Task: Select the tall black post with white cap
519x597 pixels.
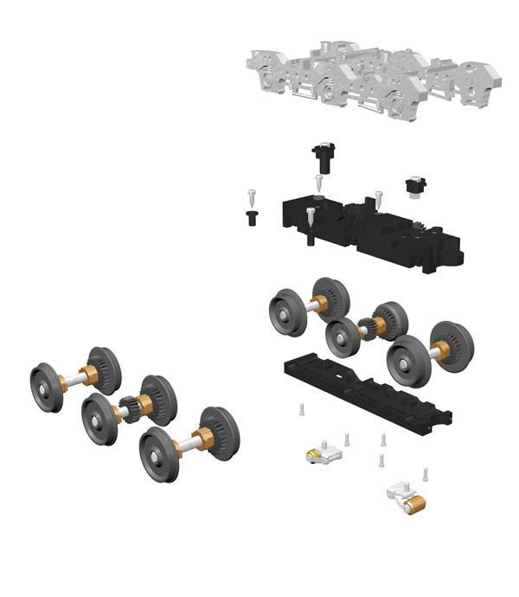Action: click(x=323, y=157)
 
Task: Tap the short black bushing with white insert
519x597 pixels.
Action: click(x=417, y=185)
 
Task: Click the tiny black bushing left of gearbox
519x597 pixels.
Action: click(x=252, y=217)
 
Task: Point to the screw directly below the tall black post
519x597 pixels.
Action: click(x=319, y=183)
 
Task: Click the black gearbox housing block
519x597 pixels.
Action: click(x=372, y=229)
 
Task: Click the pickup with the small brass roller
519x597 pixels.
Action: click(x=323, y=453)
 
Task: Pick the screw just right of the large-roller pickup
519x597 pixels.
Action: click(x=426, y=475)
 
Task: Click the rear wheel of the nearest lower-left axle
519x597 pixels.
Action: click(x=217, y=431)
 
